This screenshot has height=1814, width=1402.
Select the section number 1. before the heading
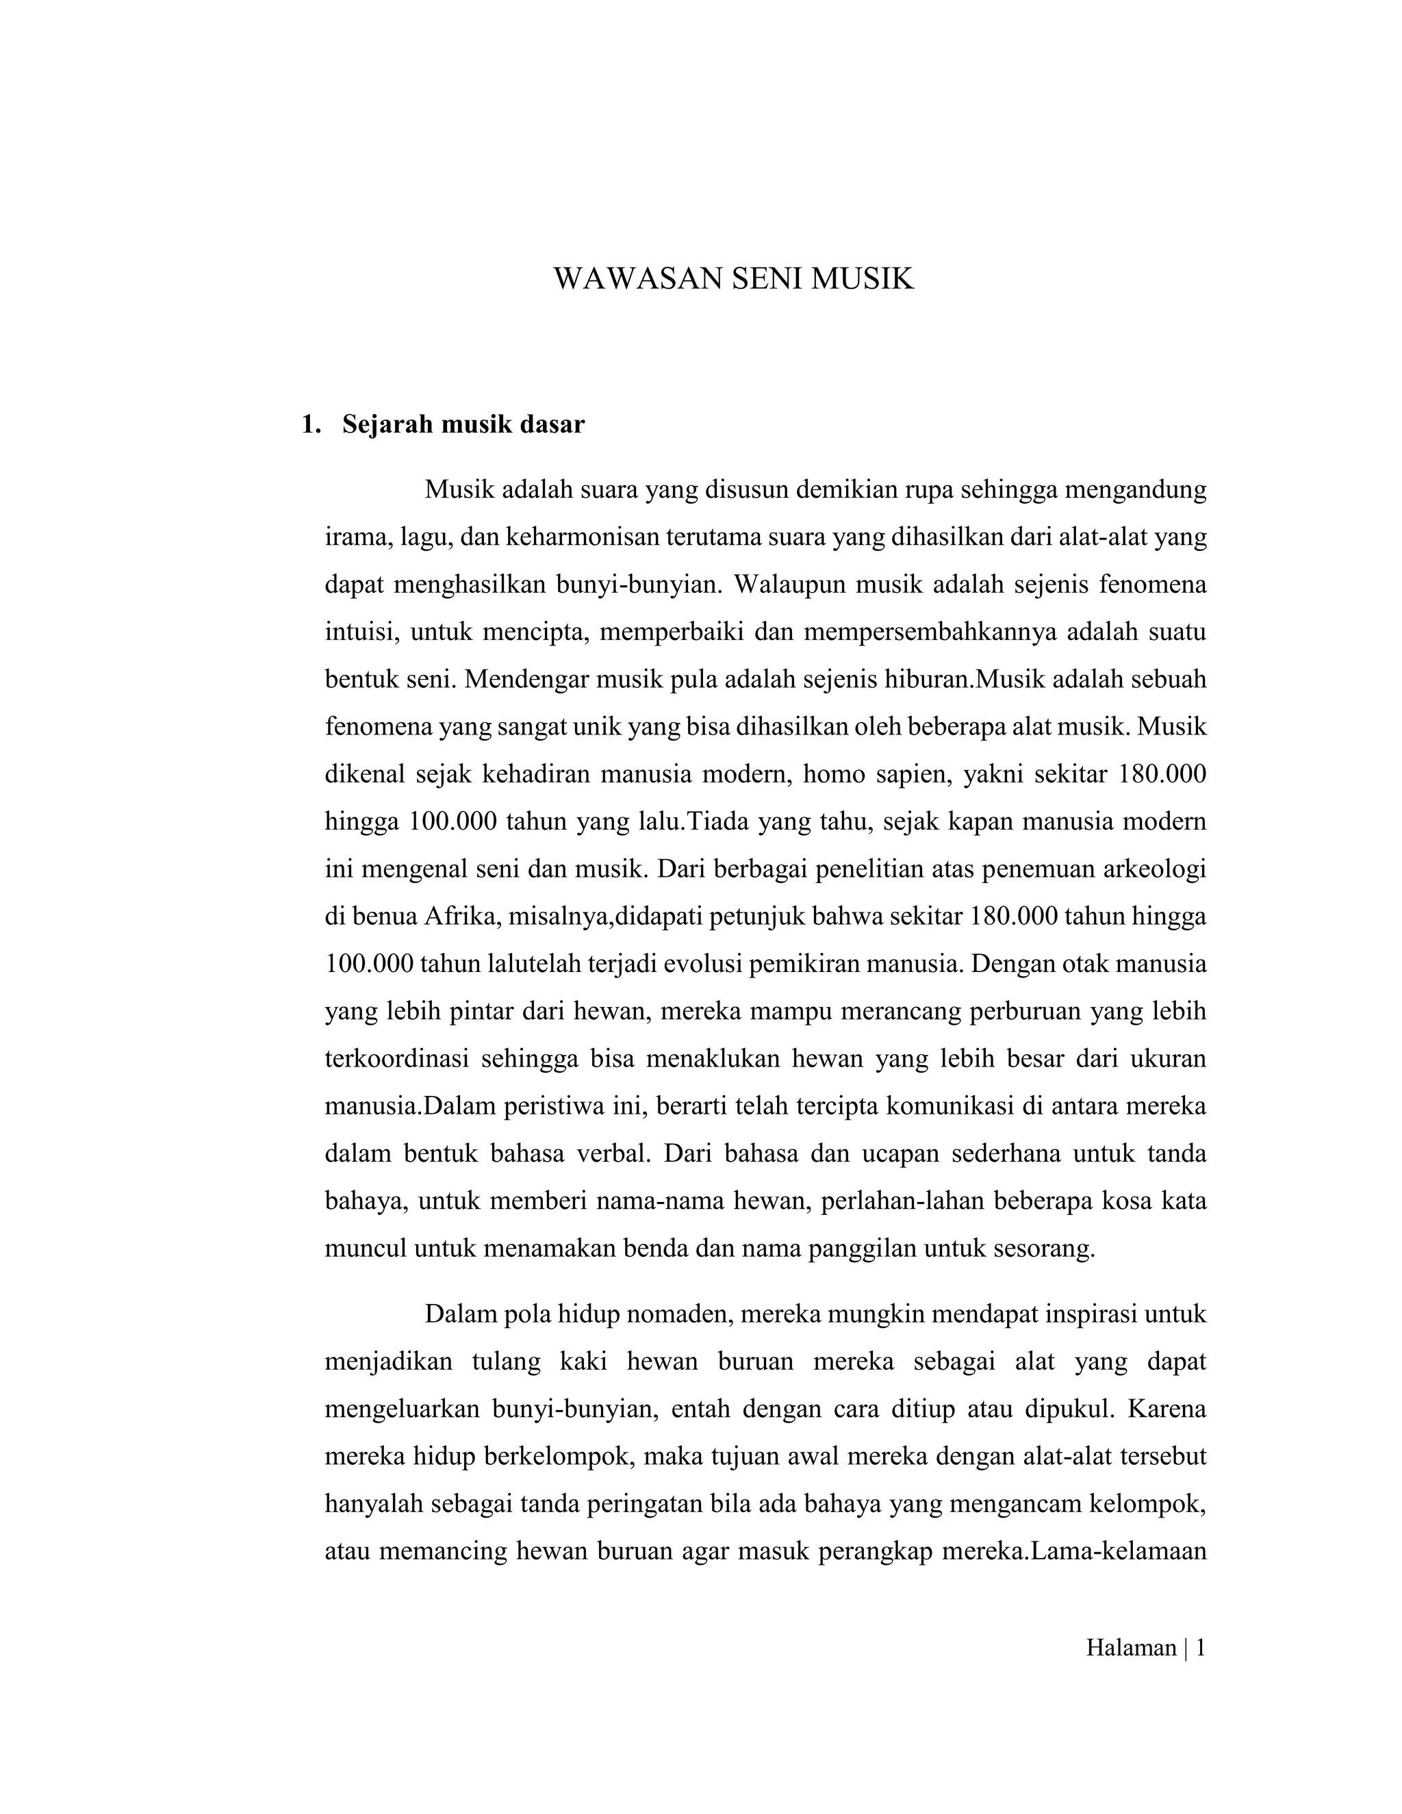(x=311, y=425)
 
